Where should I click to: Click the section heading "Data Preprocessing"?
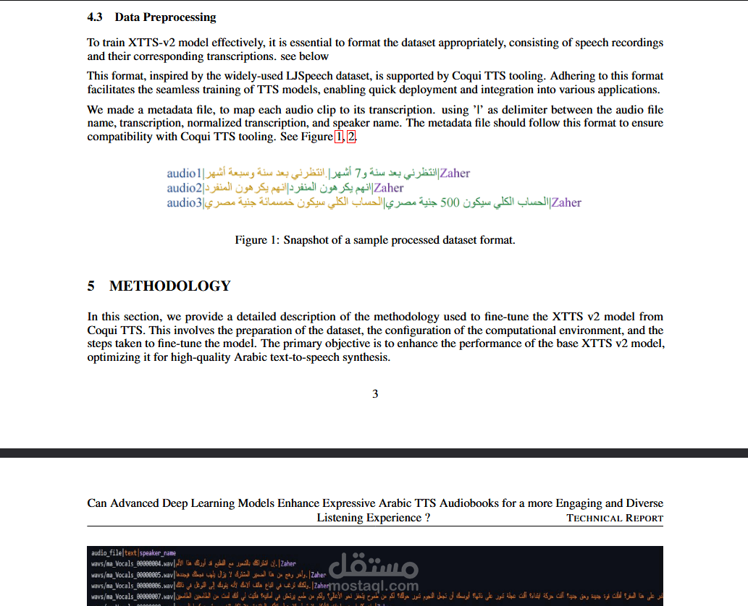coord(165,17)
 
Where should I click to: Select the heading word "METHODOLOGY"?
coord(169,286)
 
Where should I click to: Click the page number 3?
coord(375,394)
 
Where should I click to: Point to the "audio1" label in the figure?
coord(184,174)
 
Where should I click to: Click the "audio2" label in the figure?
coord(184,188)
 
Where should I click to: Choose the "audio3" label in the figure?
coord(184,202)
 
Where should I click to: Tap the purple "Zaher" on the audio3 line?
coord(566,202)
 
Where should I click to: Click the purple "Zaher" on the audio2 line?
coord(389,188)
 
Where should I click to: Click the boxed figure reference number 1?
coord(339,137)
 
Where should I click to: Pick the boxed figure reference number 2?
coord(351,137)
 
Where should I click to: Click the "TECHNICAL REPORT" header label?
coord(615,518)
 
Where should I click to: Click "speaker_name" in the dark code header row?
coord(157,553)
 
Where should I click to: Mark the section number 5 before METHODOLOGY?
coord(91,286)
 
